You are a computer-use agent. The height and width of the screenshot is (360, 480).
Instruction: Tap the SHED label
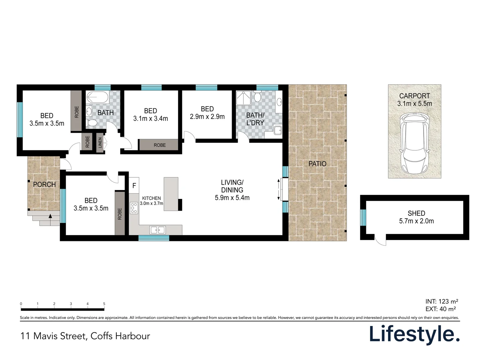coord(416,213)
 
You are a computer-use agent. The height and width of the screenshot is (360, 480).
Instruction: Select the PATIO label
coord(317,164)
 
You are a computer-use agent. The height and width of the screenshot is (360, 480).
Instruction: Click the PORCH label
coord(44,184)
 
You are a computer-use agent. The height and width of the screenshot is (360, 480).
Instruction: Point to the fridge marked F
coord(134,186)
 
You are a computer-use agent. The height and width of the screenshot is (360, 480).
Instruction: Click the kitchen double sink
coord(157,230)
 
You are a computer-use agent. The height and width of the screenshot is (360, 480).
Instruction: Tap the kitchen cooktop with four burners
coord(134,208)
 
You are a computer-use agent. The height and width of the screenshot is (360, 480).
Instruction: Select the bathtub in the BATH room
coord(97,98)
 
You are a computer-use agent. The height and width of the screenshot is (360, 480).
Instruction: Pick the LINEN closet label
coord(100,143)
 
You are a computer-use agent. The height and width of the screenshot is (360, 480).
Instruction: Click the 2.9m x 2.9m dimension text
coord(207,117)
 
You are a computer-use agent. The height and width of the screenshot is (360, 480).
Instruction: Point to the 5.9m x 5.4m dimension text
coord(232,198)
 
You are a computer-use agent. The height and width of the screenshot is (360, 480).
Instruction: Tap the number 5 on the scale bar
coord(104,304)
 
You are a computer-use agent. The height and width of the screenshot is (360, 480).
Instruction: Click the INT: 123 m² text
coord(442,302)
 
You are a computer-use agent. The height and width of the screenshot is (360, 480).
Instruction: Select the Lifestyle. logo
coord(414,334)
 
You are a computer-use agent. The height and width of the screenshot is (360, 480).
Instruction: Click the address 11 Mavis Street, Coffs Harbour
coord(85,336)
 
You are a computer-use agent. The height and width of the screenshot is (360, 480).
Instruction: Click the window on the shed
coord(363,217)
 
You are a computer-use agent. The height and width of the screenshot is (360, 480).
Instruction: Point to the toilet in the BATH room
coord(92,123)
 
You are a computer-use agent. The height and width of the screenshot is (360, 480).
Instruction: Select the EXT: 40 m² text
coord(441,309)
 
